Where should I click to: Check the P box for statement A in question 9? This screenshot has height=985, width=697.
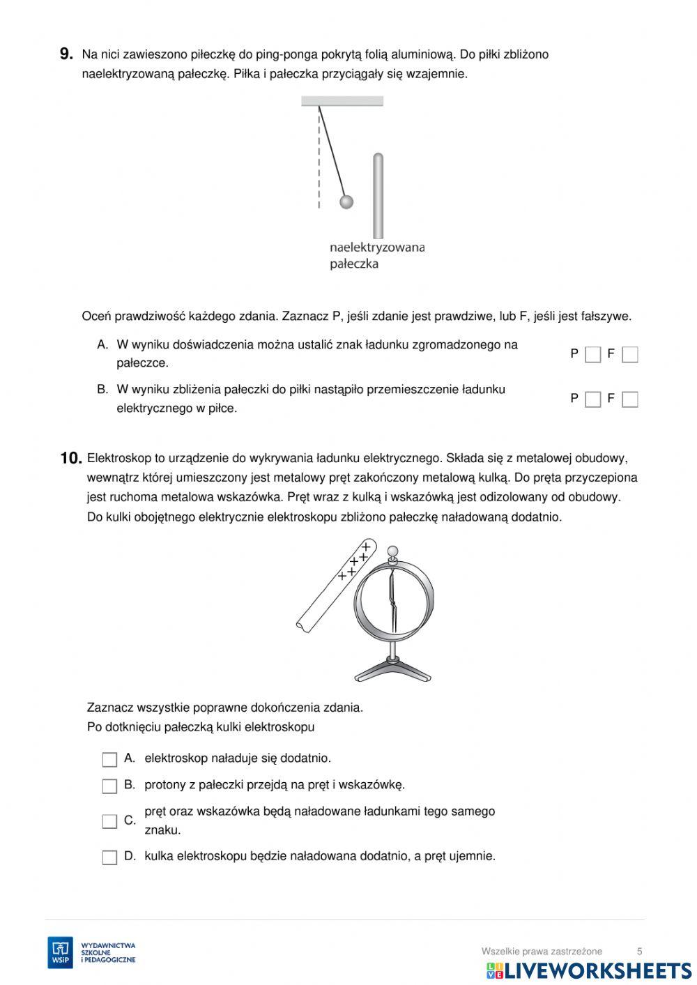tap(592, 355)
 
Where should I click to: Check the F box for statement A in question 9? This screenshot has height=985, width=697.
tap(629, 355)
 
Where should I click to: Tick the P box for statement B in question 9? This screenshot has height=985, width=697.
tap(592, 399)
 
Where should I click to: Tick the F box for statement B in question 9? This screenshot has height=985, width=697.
tap(629, 399)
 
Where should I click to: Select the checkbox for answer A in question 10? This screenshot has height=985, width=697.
tap(109, 759)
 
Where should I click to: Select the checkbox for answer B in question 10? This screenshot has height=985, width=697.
tap(109, 786)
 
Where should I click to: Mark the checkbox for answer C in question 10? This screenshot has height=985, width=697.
tap(109, 821)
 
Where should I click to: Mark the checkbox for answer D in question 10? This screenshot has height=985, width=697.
tap(109, 857)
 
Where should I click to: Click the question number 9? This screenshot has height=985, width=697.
tap(66, 54)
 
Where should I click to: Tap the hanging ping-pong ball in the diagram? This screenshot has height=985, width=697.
tap(346, 202)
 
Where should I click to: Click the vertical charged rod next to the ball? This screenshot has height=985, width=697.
tap(378, 195)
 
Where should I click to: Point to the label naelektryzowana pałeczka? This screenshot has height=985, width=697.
tap(376, 255)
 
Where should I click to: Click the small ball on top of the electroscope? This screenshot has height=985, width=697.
tap(392, 553)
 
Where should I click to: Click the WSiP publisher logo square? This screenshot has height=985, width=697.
tap(60, 952)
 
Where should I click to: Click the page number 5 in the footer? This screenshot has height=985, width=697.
tap(639, 951)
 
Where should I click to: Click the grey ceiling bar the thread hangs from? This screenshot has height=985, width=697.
tap(342, 101)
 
